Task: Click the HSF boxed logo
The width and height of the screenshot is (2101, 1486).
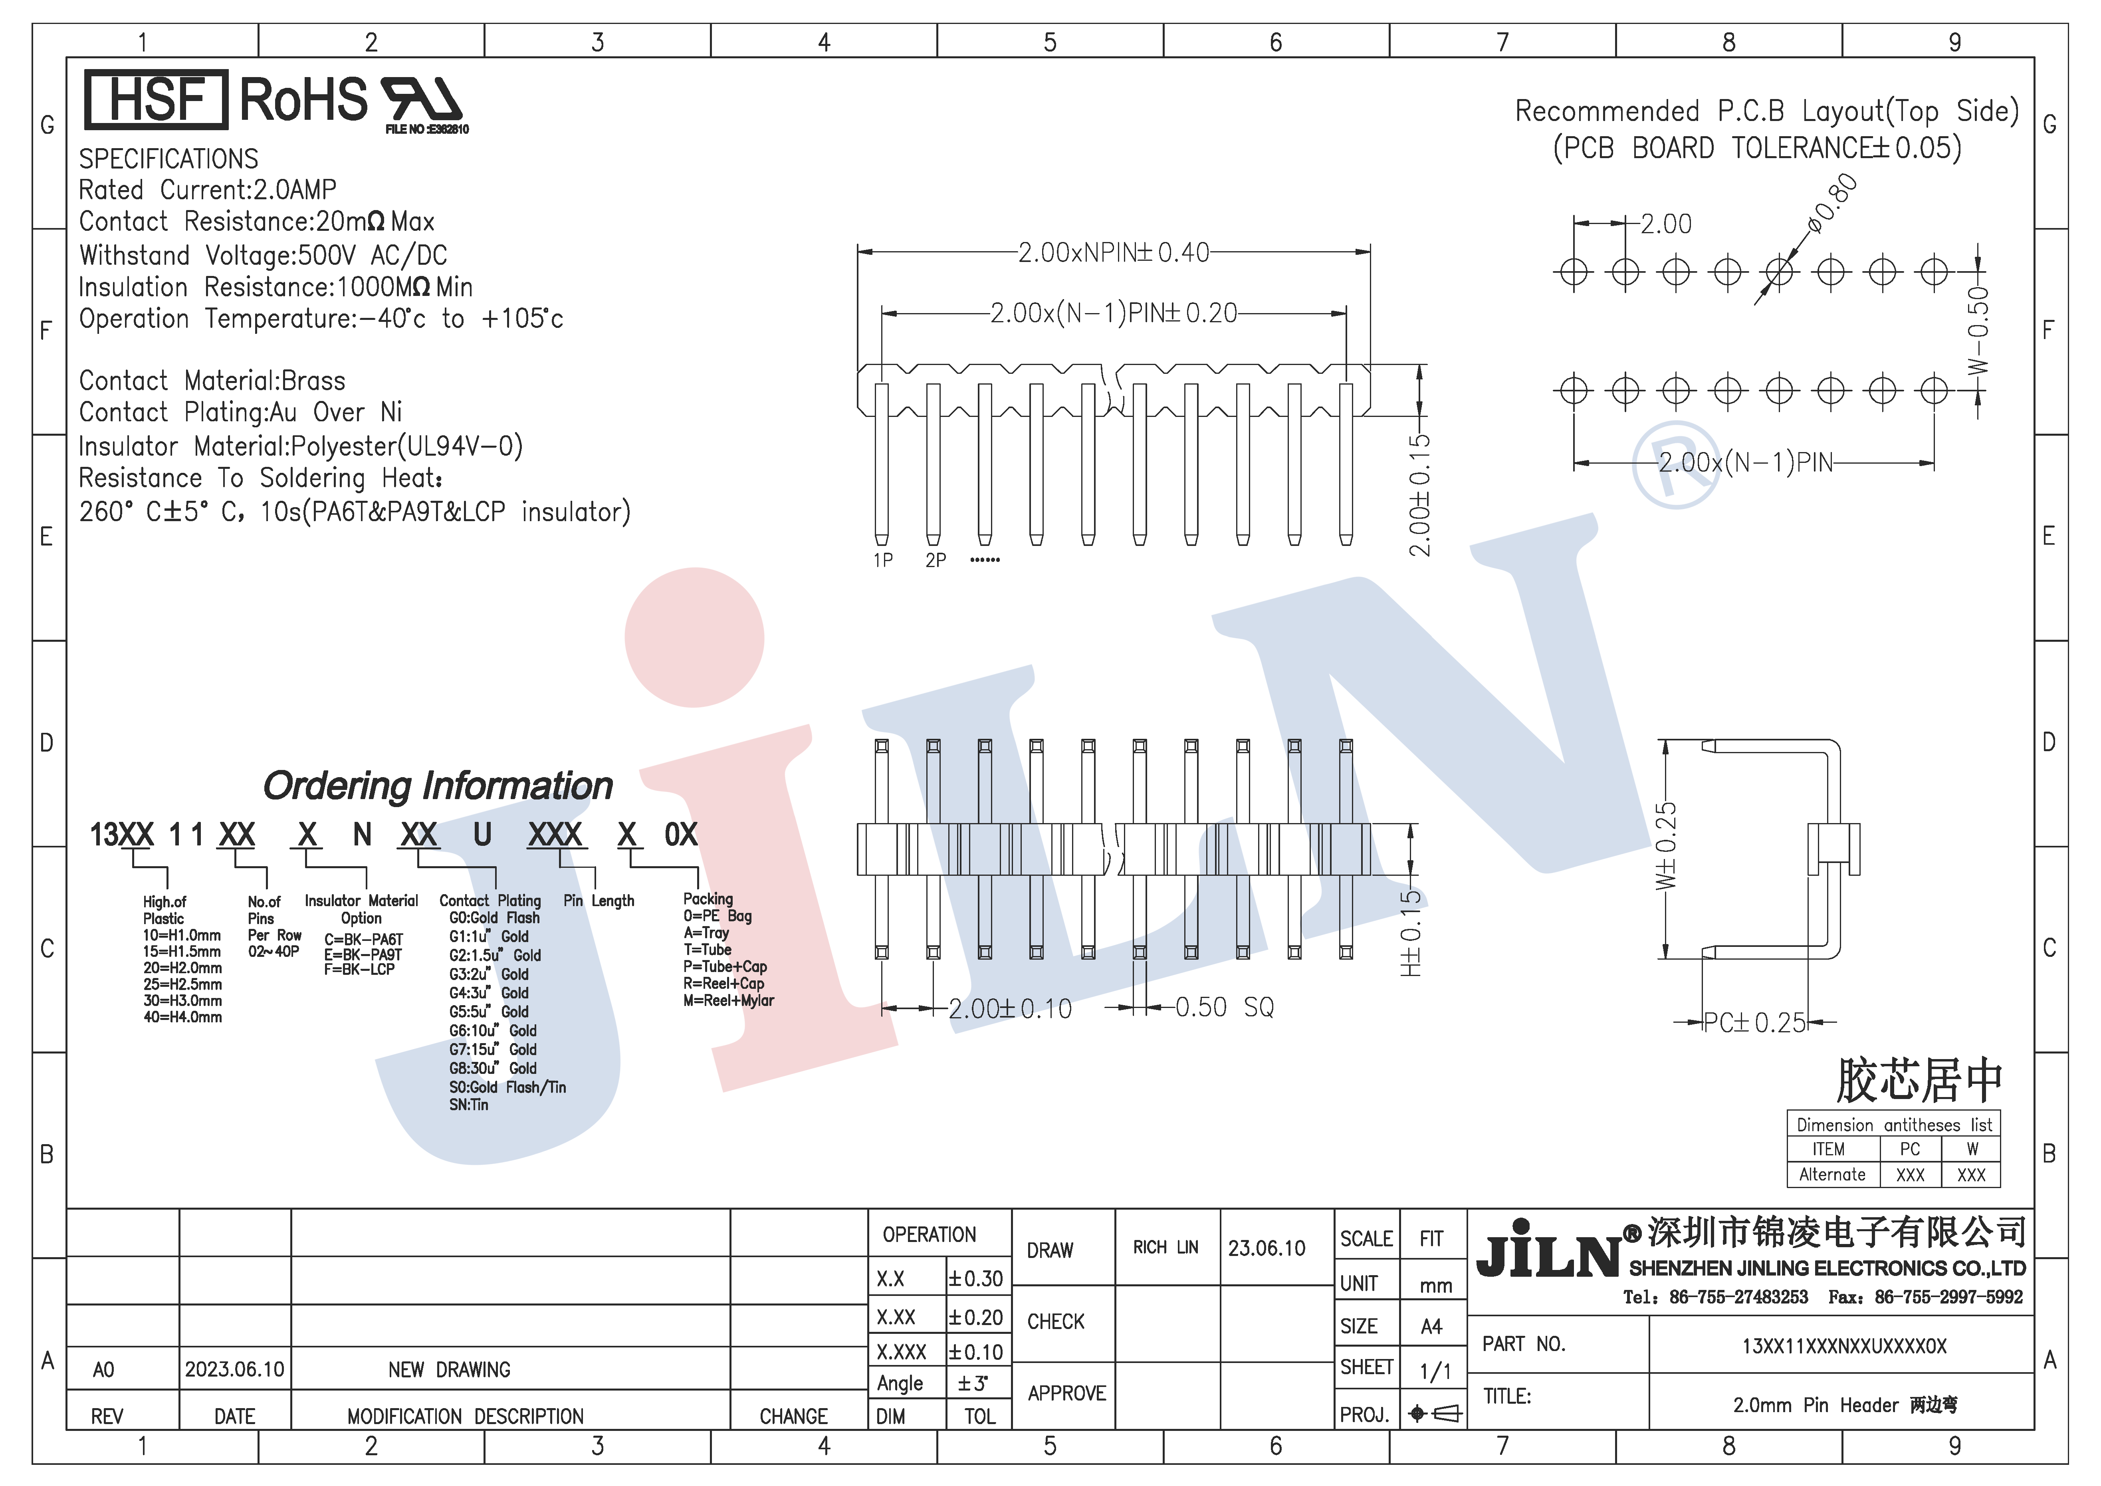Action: pyautogui.click(x=156, y=99)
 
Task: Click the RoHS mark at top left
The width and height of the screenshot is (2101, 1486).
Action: pyautogui.click(x=303, y=99)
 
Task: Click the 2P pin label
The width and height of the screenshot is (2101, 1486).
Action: pyautogui.click(x=935, y=560)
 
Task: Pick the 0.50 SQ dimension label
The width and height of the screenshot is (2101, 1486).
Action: pyautogui.click(x=1224, y=1008)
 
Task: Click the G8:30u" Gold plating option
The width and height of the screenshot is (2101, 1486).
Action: pyautogui.click(x=492, y=1068)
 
